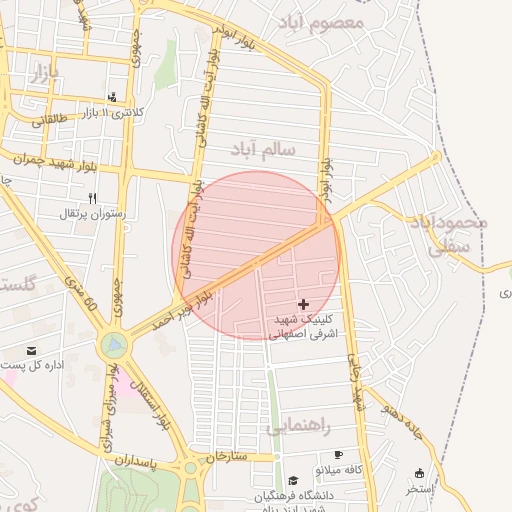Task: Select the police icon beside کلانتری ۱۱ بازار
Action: pos(112,98)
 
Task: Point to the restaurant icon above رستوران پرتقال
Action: pos(92,198)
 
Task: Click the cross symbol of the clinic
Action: pos(304,303)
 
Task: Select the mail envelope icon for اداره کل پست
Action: pos(33,351)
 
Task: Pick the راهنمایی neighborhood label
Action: pos(298,427)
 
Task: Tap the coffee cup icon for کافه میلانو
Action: pos(337,454)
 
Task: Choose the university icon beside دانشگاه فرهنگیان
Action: pos(293,481)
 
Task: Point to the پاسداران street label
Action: pos(136,462)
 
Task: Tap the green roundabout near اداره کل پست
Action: pos(113,346)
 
